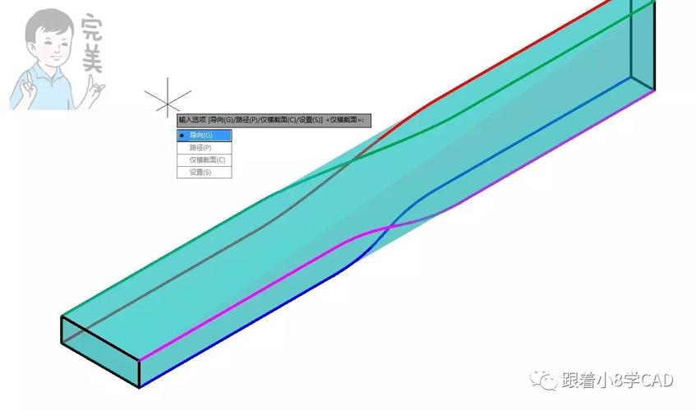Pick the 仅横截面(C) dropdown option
(x=206, y=159)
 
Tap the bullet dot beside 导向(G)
(x=182, y=135)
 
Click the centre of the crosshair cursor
(x=167, y=101)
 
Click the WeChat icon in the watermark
(x=544, y=380)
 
